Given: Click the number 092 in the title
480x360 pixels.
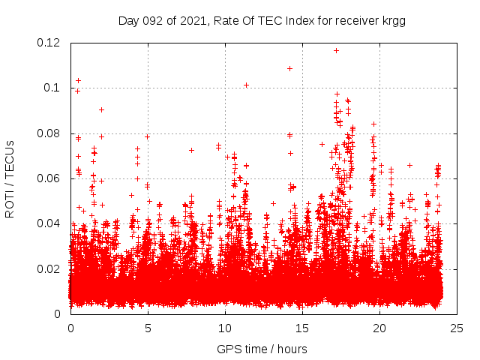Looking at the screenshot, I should pos(151,21).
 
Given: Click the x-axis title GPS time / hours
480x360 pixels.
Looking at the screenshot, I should pos(262,349).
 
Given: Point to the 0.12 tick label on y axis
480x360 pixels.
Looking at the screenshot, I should pos(49,43).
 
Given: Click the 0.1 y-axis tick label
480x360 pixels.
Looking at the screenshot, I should pos(53,88).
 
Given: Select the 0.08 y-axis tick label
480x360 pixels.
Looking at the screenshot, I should pos(49,133).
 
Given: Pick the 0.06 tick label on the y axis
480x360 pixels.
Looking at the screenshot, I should pos(49,178).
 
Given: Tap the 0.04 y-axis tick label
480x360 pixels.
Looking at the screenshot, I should pos(49,223).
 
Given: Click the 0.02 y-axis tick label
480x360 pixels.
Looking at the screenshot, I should pos(49,268).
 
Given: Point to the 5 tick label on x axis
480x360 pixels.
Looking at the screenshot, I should pos(148,328).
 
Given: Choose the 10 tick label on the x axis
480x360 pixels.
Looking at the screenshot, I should pos(225,328).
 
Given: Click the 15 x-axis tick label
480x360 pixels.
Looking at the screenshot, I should pos(302,328).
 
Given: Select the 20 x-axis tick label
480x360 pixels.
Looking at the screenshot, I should pos(379,328).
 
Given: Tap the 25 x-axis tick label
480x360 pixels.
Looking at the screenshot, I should pos(457,328).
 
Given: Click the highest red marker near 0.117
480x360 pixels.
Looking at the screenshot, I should pos(336,50).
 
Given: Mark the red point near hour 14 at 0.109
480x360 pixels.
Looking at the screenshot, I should pos(289,68).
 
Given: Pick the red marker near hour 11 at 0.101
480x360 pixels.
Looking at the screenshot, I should pos(246,85).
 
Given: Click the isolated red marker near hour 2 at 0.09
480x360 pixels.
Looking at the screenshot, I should pos(101,109).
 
